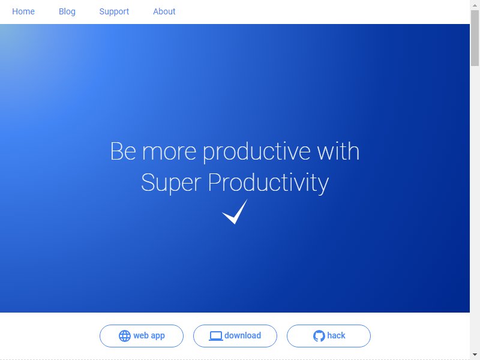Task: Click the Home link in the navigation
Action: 23,11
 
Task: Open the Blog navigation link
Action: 67,11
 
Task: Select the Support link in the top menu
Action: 114,11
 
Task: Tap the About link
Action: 164,11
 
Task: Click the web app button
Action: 142,336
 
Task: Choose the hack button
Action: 329,336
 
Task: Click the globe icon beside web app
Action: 125,336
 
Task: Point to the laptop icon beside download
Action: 216,336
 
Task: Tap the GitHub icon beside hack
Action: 319,336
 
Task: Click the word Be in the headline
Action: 123,151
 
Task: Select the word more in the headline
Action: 169,152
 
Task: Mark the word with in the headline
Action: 338,151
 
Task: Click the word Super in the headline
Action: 171,183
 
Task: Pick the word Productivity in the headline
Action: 268,183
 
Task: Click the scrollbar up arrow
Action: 475,5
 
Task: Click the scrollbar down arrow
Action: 475,355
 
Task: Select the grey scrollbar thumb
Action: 475,38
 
